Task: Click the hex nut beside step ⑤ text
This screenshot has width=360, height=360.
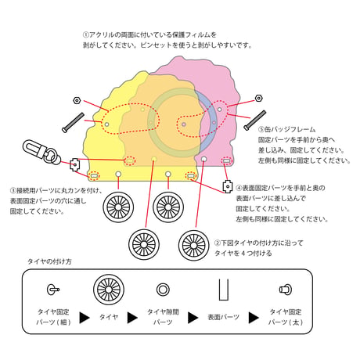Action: tap(258, 99)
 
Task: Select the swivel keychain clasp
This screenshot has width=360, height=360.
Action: tap(41, 153)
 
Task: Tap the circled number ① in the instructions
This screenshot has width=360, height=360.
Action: tap(86, 34)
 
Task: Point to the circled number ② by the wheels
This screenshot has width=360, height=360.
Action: tap(218, 243)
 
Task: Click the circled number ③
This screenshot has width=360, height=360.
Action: tap(13, 190)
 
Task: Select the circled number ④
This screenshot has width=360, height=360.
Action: tap(239, 188)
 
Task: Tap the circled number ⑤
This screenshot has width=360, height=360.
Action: tap(261, 129)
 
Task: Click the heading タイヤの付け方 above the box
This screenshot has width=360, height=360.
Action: tap(49, 261)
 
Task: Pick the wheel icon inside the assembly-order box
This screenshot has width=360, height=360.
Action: tap(109, 290)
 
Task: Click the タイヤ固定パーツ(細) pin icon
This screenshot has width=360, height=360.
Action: tap(53, 290)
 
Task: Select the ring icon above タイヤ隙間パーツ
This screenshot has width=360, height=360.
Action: tap(163, 290)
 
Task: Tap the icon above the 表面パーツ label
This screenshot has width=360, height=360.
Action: tap(224, 290)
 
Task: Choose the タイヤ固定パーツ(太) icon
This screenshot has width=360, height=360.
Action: tap(286, 290)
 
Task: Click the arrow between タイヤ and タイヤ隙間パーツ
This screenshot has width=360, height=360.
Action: tap(132, 318)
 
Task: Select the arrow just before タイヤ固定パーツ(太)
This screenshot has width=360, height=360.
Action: tap(254, 318)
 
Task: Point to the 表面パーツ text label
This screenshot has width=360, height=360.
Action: tap(224, 317)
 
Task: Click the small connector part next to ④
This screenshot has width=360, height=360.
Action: tap(228, 186)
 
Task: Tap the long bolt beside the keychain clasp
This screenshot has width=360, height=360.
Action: tap(73, 122)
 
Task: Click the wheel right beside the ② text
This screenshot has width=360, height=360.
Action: tap(194, 245)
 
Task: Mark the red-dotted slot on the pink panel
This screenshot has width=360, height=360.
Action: tap(226, 161)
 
